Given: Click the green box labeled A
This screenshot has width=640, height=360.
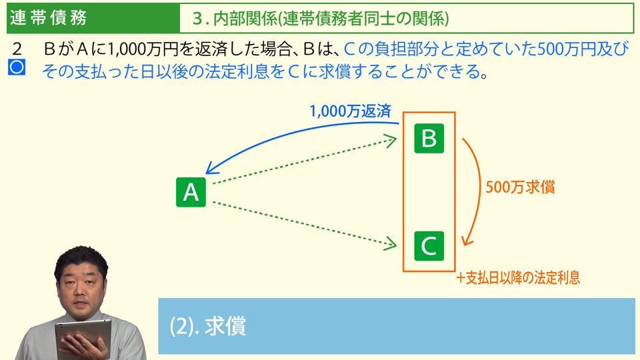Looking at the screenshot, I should click(x=191, y=191).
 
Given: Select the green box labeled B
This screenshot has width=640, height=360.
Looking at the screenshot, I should click(x=429, y=139).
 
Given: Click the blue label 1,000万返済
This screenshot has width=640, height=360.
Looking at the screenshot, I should click(x=350, y=111).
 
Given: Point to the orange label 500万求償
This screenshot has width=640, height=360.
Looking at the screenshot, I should click(x=520, y=187).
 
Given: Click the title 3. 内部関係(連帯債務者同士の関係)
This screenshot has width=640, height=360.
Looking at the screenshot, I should click(x=320, y=18).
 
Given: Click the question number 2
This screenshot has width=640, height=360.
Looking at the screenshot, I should click(x=18, y=48).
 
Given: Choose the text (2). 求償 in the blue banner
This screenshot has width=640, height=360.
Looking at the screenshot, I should click(x=208, y=326).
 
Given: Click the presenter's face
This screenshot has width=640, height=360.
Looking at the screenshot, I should click(x=81, y=279).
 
